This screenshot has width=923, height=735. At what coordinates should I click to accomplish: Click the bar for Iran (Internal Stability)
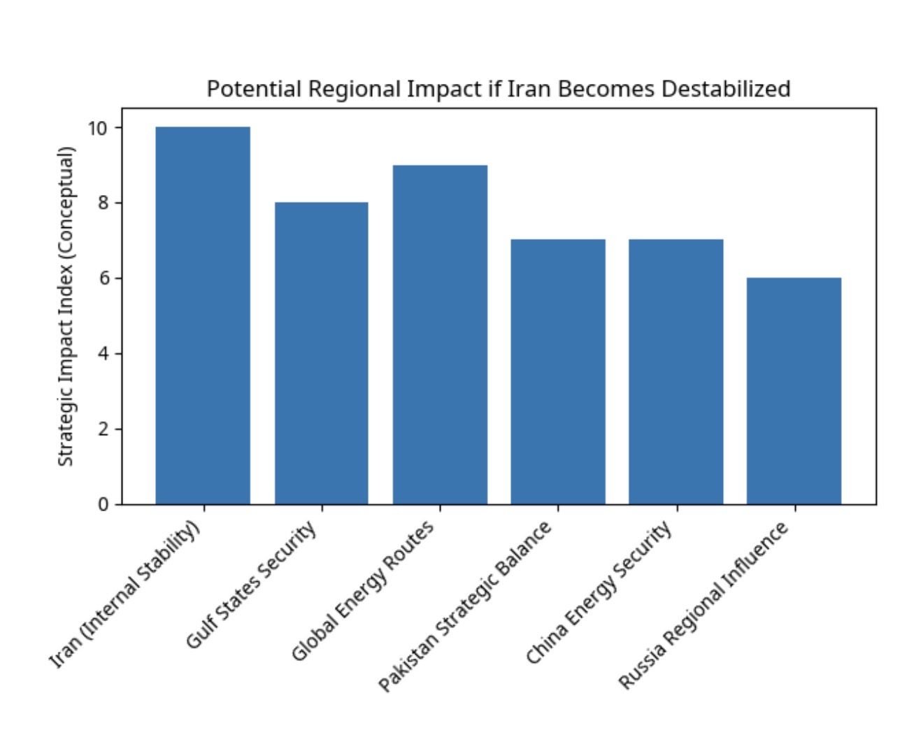203,315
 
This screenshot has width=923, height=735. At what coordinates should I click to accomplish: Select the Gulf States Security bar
321,353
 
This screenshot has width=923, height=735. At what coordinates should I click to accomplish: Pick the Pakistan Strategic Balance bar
558,371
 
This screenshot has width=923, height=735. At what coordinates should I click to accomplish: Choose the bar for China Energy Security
676,371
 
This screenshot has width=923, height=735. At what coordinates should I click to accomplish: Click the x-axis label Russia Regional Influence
705,606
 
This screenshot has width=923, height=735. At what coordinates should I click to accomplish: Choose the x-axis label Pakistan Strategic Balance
465,606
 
